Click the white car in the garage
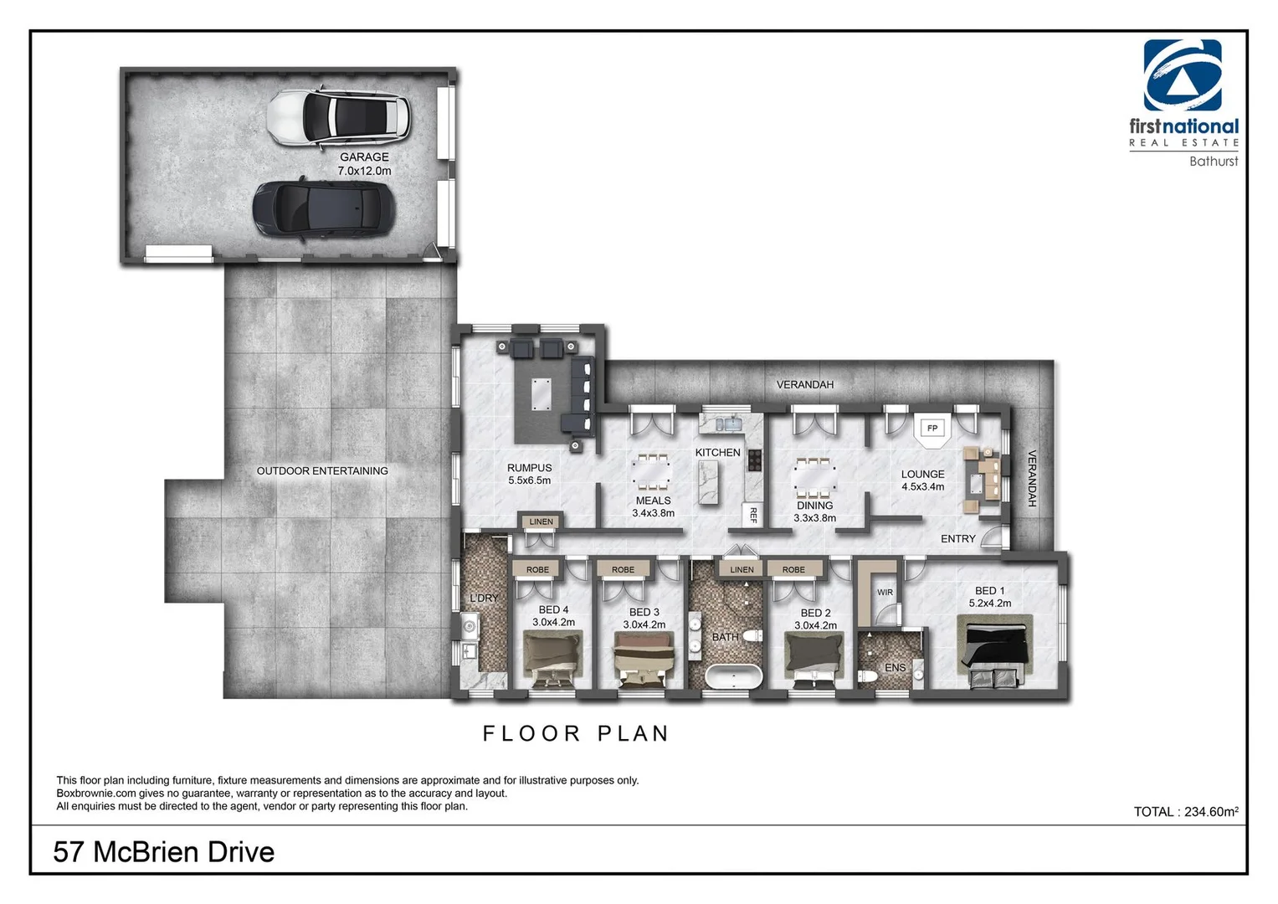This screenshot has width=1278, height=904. tap(339, 117)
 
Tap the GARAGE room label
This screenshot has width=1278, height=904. tap(364, 157)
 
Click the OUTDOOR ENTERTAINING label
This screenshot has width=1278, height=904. tap(322, 471)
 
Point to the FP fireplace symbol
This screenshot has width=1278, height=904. tap(932, 429)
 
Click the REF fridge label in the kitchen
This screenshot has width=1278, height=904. tap(752, 515)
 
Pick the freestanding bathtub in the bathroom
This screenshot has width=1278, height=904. tap(734, 676)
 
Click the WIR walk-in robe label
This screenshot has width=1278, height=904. tap(885, 593)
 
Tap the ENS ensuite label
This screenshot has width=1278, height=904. tap(895, 668)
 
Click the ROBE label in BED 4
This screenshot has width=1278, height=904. tap(537, 570)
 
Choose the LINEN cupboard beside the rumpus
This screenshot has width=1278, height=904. tap(541, 522)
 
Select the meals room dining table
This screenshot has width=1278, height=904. tap(652, 473)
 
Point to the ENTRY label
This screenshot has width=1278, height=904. tap(957, 539)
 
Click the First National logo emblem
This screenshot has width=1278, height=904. tap(1183, 75)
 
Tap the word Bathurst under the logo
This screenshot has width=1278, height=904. tap(1213, 162)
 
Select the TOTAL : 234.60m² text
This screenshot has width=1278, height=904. tap(1185, 811)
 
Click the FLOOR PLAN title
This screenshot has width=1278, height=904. tap(576, 734)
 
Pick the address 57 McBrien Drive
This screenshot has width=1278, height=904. tap(164, 852)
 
